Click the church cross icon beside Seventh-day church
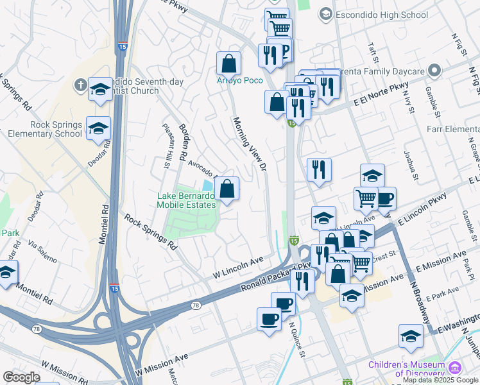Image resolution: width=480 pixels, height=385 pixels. (80, 85)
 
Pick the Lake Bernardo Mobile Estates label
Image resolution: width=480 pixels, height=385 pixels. (186, 200)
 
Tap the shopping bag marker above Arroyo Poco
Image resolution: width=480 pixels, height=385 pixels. (228, 64)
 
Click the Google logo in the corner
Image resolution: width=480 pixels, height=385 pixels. (21, 377)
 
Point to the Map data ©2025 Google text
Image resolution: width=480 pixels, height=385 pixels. (441, 380)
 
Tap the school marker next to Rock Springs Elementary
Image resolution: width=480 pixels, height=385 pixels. (98, 128)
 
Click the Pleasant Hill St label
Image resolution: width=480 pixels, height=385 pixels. (166, 146)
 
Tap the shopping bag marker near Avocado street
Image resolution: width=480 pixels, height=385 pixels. (227, 189)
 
